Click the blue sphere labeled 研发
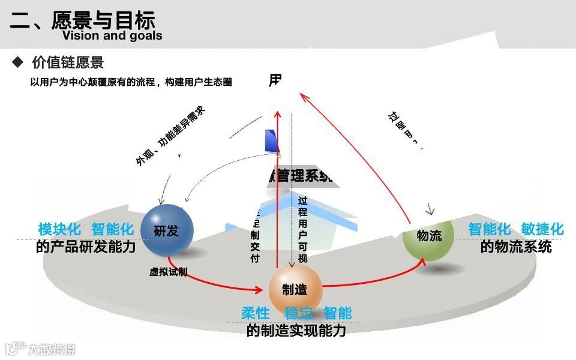pos(167,230)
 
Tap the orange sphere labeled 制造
pos(295,290)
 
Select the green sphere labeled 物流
pos(428,235)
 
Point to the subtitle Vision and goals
pos(112,35)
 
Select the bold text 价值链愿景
pos(68,62)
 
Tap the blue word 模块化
pos(59,229)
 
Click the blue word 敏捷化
pos(542,229)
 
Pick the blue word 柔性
pos(255,313)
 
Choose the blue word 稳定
pos(299,313)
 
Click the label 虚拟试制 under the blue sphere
pos(168,272)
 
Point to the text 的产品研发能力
pos(86,247)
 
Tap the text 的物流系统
pos(515,247)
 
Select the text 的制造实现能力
pos(296,330)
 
